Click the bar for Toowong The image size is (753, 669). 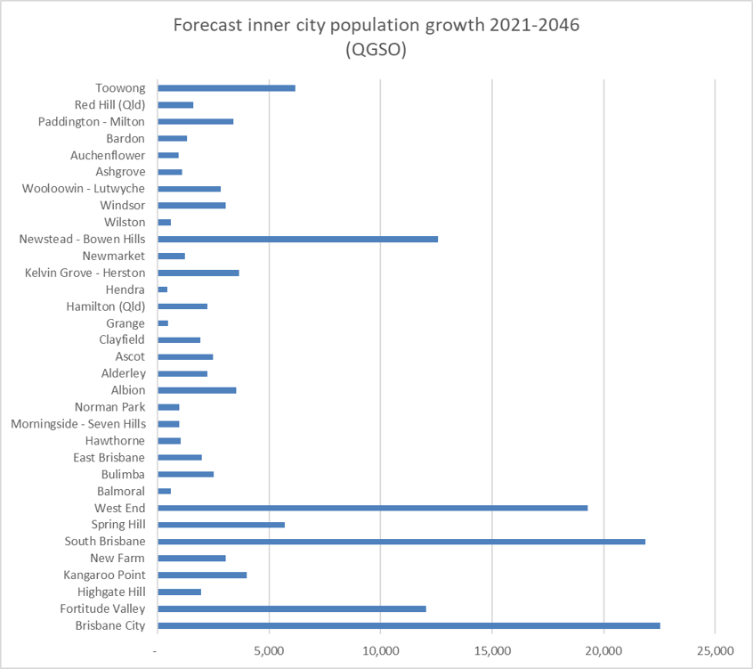click(226, 88)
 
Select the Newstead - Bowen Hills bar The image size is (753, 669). click(297, 239)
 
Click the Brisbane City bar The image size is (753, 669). click(409, 625)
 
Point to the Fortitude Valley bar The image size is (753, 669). click(291, 608)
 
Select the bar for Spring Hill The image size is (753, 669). click(221, 525)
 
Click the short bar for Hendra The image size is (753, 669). click(163, 290)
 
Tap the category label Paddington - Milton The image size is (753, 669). click(92, 121)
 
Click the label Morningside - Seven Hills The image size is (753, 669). click(78, 424)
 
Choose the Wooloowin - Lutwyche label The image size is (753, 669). click(84, 189)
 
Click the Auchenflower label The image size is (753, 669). click(108, 155)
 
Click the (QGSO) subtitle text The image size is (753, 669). click(376, 51)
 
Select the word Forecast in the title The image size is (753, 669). click(208, 25)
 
